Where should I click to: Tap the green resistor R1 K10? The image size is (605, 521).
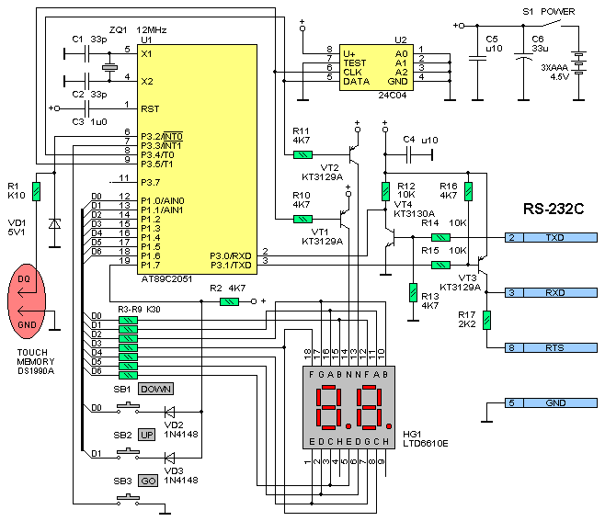(x=36, y=191)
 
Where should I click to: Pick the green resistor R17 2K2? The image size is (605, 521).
(x=486, y=319)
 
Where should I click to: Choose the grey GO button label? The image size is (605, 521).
(x=149, y=481)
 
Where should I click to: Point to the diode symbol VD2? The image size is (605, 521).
(x=168, y=412)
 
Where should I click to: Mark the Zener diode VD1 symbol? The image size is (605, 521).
(x=54, y=223)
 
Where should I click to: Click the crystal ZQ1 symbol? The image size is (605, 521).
(x=109, y=67)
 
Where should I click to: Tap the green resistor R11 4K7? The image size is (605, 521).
(x=302, y=154)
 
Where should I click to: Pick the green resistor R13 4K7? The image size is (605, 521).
(x=412, y=291)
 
